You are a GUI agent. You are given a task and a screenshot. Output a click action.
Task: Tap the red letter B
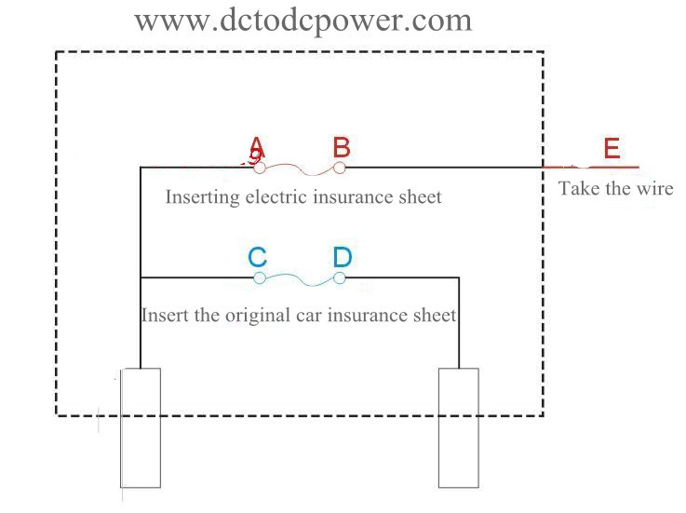tap(342, 147)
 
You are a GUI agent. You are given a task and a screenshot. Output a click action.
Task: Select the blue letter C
tap(258, 257)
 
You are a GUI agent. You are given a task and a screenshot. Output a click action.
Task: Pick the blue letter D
tap(342, 257)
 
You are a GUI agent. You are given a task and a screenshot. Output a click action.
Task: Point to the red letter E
tap(611, 149)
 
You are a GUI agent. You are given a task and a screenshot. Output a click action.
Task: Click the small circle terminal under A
tap(260, 168)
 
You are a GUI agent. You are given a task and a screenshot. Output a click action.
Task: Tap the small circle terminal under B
tap(340, 168)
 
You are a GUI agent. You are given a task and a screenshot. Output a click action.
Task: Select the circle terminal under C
tap(260, 277)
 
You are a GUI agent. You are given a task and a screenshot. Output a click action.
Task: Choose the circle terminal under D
tap(340, 277)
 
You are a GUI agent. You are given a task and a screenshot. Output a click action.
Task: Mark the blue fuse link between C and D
tap(300, 280)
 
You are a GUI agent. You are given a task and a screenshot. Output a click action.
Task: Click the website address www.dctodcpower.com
tap(303, 19)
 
